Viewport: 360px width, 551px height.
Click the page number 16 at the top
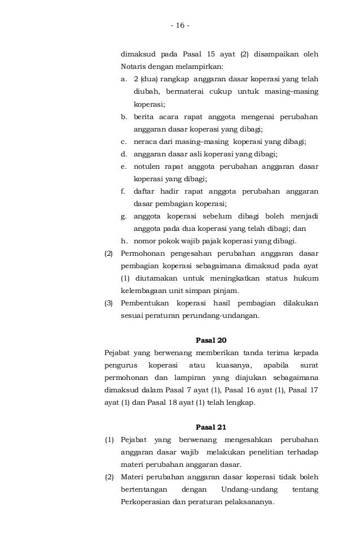pyautogui.click(x=180, y=25)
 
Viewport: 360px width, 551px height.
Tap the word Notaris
pyautogui.click(x=133, y=67)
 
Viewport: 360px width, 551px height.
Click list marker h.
pyautogui.click(x=124, y=241)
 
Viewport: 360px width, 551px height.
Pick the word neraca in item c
pyautogui.click(x=146, y=141)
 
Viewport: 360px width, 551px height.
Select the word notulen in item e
pyautogui.click(x=147, y=167)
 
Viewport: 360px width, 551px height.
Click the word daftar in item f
pyautogui.click(x=145, y=191)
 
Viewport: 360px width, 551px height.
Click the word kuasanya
pyautogui.click(x=229, y=365)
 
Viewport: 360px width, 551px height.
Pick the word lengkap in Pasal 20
pyautogui.click(x=241, y=403)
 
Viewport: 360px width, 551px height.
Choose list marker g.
pyautogui.click(x=124, y=216)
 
